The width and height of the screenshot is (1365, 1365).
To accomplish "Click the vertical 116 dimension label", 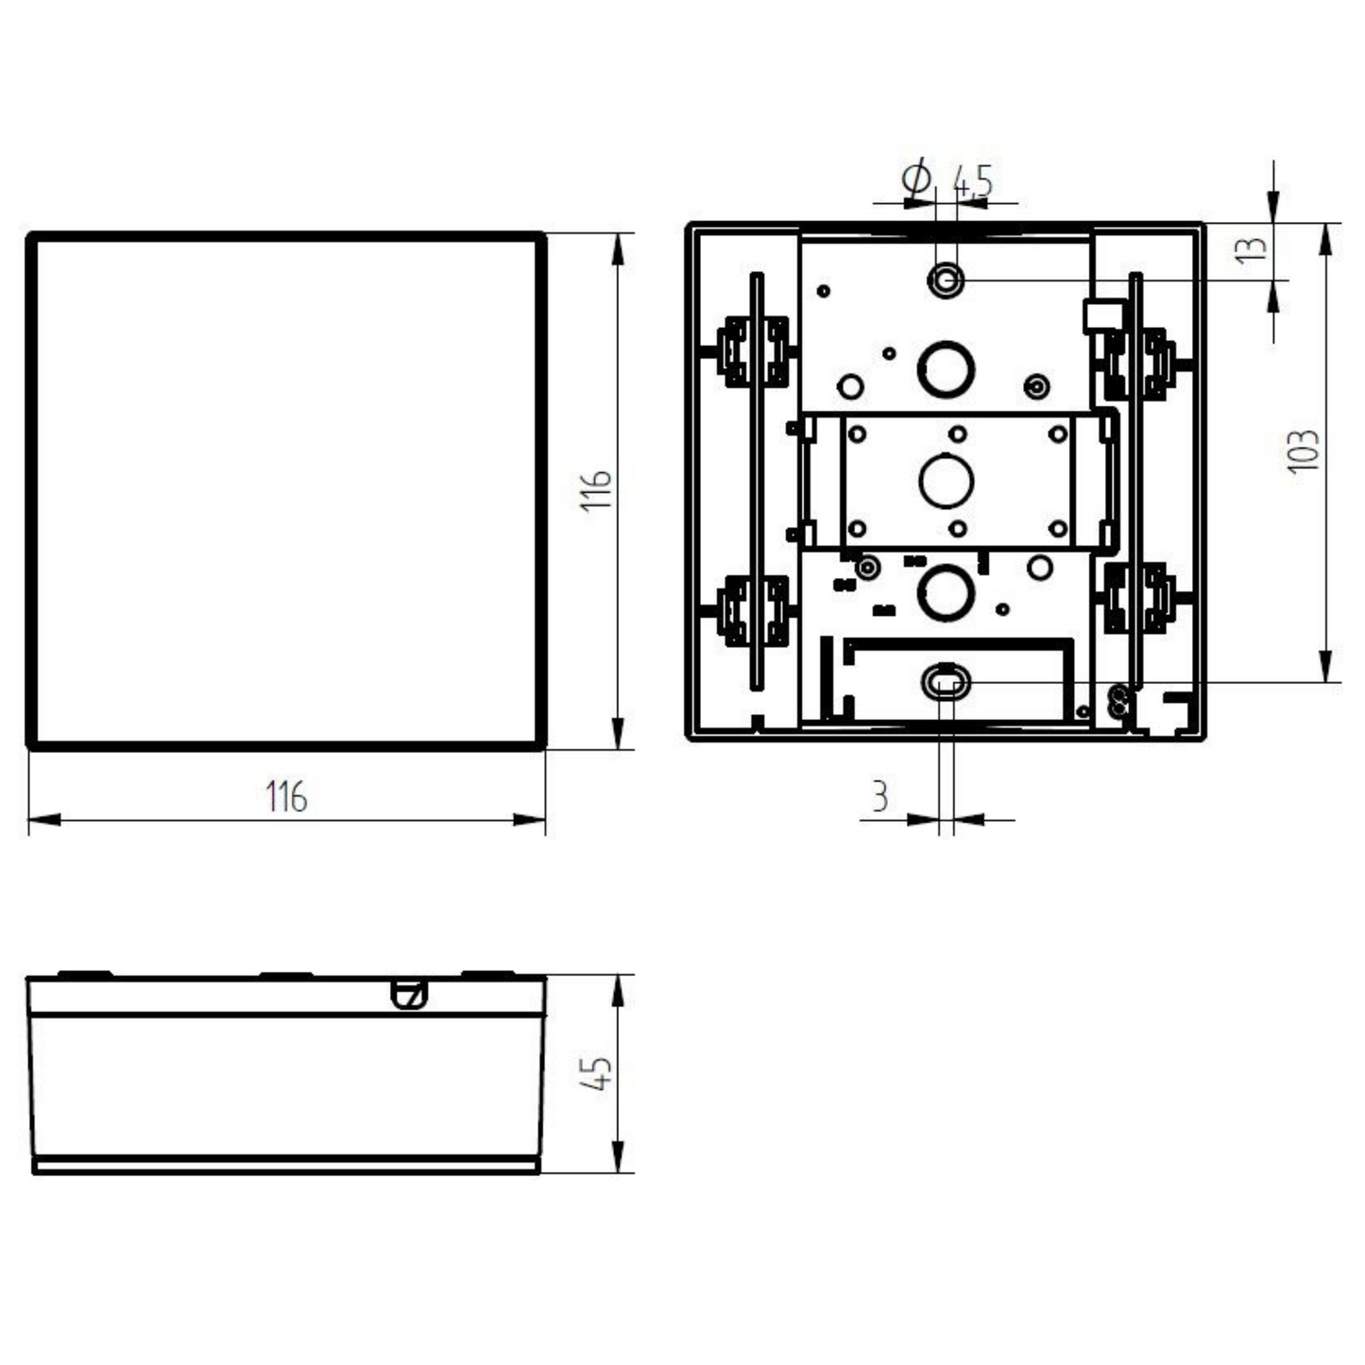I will [x=597, y=490].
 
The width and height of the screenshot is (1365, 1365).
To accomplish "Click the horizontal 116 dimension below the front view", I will [x=286, y=796].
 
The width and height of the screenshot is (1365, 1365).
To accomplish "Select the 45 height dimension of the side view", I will [x=597, y=1073].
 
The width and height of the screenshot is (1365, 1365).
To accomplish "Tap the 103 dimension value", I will [x=1304, y=451].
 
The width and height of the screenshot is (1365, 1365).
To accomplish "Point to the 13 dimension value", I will [x=1252, y=248].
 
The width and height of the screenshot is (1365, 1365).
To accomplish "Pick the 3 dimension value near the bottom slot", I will [x=879, y=796].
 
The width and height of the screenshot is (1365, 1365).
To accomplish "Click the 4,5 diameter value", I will [x=973, y=181].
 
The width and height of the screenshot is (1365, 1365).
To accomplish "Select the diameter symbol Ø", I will [x=916, y=179].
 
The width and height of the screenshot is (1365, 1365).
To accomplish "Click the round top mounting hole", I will [x=946, y=280].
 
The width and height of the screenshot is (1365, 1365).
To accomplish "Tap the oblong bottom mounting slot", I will [x=945, y=680].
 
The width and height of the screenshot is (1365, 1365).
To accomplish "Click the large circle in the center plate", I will [x=946, y=481].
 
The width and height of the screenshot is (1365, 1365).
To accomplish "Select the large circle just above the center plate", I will [x=946, y=369].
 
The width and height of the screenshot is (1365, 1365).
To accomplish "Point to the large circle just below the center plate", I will [x=946, y=593].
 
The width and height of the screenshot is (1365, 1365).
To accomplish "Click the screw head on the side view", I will [x=409, y=994].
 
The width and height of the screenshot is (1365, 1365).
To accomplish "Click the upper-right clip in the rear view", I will [x=1139, y=363].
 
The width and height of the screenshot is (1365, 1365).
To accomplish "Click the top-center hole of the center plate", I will [x=958, y=434].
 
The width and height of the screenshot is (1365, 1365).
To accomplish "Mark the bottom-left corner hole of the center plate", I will [x=858, y=528].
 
